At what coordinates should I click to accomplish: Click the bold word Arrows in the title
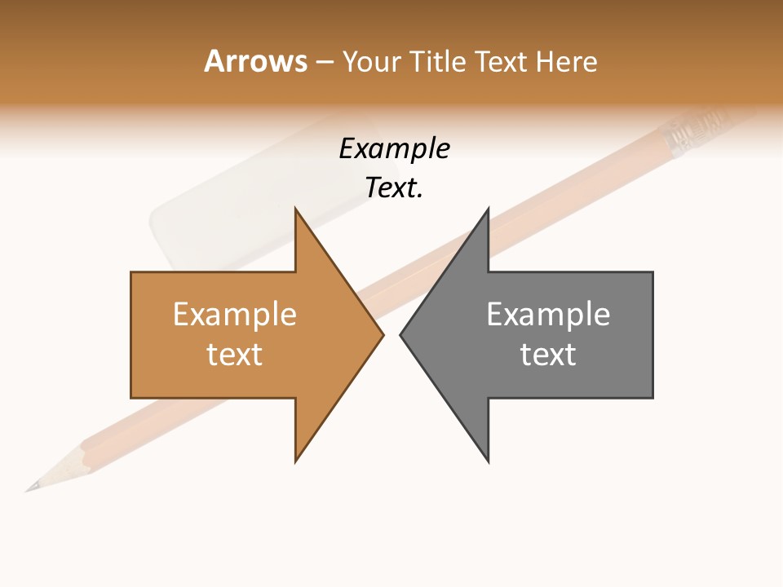pyautogui.click(x=255, y=61)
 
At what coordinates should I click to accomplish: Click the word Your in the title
pyautogui.click(x=371, y=61)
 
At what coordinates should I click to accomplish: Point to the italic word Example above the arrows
pyautogui.click(x=395, y=149)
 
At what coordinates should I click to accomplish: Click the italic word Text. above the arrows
pyautogui.click(x=395, y=188)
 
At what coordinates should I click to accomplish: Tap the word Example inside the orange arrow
pyautogui.click(x=235, y=315)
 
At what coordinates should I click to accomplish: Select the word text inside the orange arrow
pyautogui.click(x=235, y=354)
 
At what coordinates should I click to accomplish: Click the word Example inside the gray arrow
pyautogui.click(x=548, y=315)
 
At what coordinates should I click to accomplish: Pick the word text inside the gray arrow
pyautogui.click(x=548, y=354)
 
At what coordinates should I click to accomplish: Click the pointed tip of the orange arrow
pyautogui.click(x=382, y=334)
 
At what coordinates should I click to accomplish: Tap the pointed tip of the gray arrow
pyautogui.click(x=401, y=334)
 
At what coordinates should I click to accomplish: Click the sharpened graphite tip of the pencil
pyautogui.click(x=29, y=489)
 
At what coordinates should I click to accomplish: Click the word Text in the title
pyautogui.click(x=501, y=61)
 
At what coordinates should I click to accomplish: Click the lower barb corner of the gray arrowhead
pyautogui.click(x=488, y=461)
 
